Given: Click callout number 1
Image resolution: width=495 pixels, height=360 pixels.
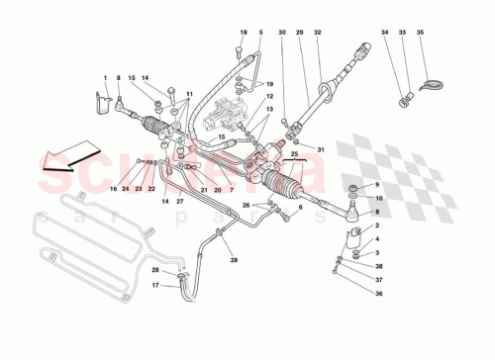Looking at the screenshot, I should pos(104,76).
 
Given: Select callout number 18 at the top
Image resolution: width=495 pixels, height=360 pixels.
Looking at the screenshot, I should pos(242,33).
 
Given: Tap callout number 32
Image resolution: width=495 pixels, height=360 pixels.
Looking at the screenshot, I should pos(318,33).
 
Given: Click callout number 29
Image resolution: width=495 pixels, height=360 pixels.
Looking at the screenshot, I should pos(301,33).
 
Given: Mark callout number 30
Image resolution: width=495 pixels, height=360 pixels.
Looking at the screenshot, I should pos(281,33).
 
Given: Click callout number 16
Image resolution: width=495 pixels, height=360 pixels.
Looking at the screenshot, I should pos(113,188).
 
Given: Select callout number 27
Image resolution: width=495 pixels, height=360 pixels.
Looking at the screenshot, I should pos(180,202).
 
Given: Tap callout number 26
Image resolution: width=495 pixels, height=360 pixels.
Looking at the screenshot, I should pos(247,206).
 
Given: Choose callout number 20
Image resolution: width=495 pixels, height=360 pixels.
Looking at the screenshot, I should pos(218,188).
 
